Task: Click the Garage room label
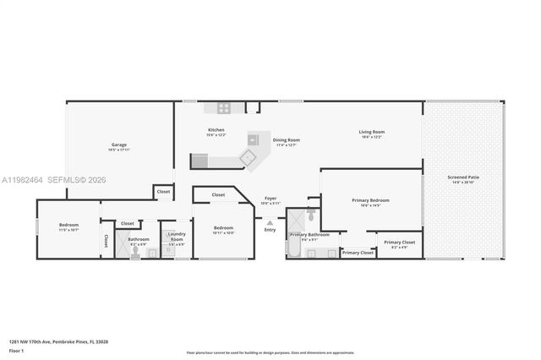118,145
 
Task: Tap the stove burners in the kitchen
225,107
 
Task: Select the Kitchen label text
216,130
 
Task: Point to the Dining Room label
287,140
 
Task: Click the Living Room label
372,132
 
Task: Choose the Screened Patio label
464,177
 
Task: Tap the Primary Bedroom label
371,200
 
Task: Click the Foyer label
270,199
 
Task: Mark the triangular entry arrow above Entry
270,222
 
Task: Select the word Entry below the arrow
270,230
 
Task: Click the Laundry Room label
177,237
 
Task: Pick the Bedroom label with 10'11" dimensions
223,228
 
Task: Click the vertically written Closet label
106,241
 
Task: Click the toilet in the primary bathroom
310,216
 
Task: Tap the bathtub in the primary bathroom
297,248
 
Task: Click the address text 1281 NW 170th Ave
59,341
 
